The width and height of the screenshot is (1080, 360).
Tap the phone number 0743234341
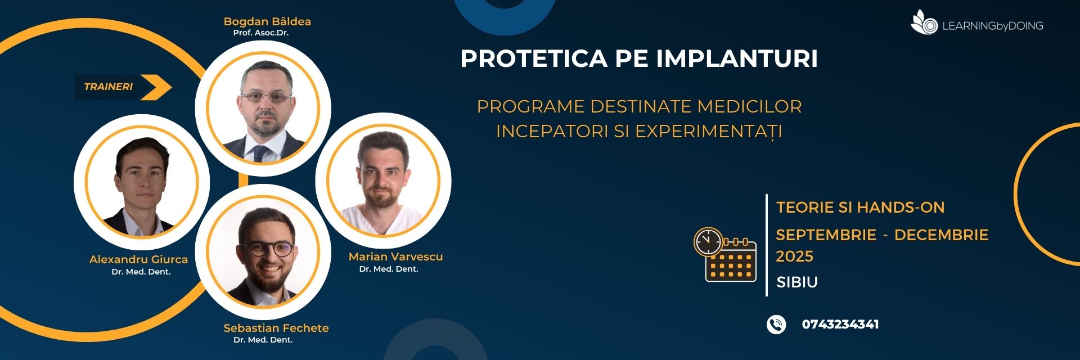pyautogui.click(x=840, y=325)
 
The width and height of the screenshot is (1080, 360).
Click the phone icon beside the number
pyautogui.click(x=776, y=325)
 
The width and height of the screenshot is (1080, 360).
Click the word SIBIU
pyautogui.click(x=797, y=282)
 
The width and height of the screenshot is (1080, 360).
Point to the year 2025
pyautogui.click(x=795, y=256)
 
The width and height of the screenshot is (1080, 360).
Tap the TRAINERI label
pyautogui.click(x=109, y=87)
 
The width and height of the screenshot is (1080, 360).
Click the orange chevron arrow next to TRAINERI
pyautogui.click(x=156, y=87)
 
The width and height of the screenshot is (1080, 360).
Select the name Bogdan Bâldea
pyautogui.click(x=267, y=21)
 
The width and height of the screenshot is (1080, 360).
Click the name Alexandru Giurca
pyautogui.click(x=138, y=259)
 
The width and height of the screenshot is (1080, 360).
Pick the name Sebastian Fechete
pyautogui.click(x=276, y=328)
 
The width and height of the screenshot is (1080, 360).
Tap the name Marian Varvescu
pyautogui.click(x=396, y=256)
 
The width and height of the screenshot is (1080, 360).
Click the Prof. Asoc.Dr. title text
pyautogui.click(x=261, y=33)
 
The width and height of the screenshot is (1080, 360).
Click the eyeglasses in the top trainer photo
pyautogui.click(x=266, y=97)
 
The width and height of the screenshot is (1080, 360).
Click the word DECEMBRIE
pyautogui.click(x=942, y=235)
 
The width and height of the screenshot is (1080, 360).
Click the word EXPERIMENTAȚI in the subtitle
pyautogui.click(x=709, y=131)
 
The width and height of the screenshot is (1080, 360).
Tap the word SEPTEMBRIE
pyautogui.click(x=826, y=235)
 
